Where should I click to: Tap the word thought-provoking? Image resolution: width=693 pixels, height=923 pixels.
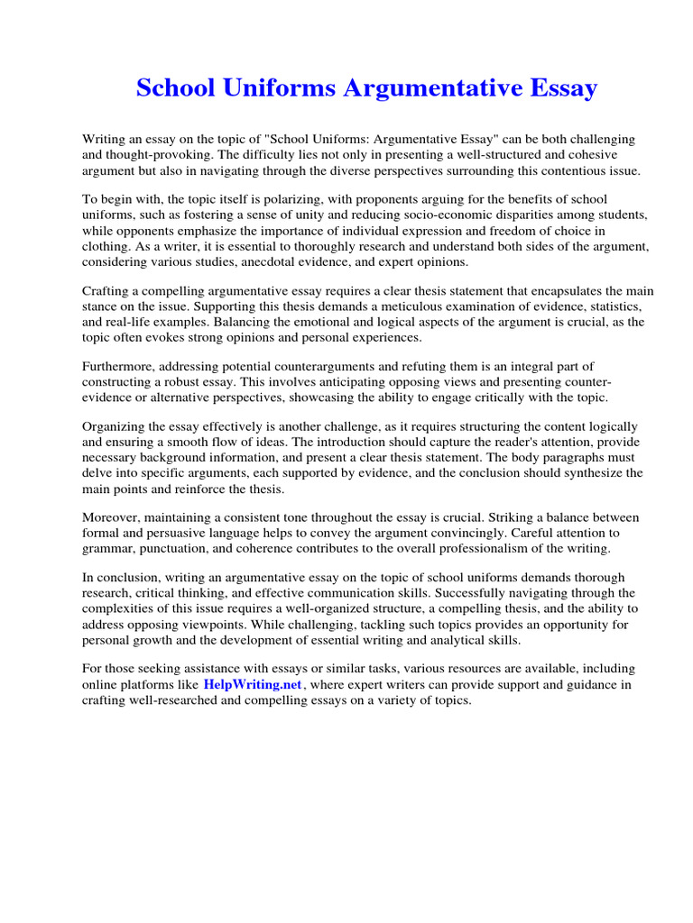point(155,155)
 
